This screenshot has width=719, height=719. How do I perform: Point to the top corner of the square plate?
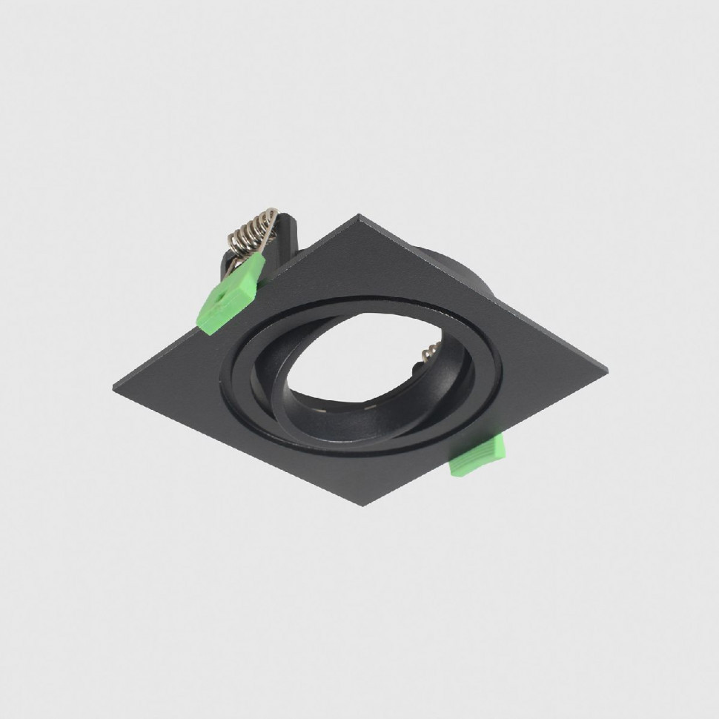coord(359,216)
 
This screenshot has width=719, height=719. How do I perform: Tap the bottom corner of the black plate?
coord(362,505)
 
